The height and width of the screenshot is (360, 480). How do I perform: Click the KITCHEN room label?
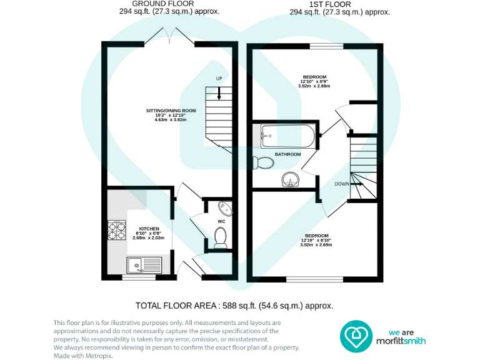click(149, 229)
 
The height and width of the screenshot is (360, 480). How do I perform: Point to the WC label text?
click(221, 222)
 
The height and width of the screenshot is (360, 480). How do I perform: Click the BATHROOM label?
click(287, 154)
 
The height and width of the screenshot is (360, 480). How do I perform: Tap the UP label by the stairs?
click(219, 78)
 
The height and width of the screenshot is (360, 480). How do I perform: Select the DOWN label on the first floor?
click(342, 184)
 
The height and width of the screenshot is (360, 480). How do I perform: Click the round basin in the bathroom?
click(290, 181)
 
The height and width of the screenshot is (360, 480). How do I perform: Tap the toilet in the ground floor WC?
click(220, 237)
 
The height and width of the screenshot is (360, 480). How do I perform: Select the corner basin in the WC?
click(224, 207)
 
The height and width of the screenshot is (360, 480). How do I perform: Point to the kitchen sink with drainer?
click(144, 265)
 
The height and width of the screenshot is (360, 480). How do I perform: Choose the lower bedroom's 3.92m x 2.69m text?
click(316, 245)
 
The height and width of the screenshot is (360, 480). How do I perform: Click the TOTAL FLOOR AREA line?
click(234, 306)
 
